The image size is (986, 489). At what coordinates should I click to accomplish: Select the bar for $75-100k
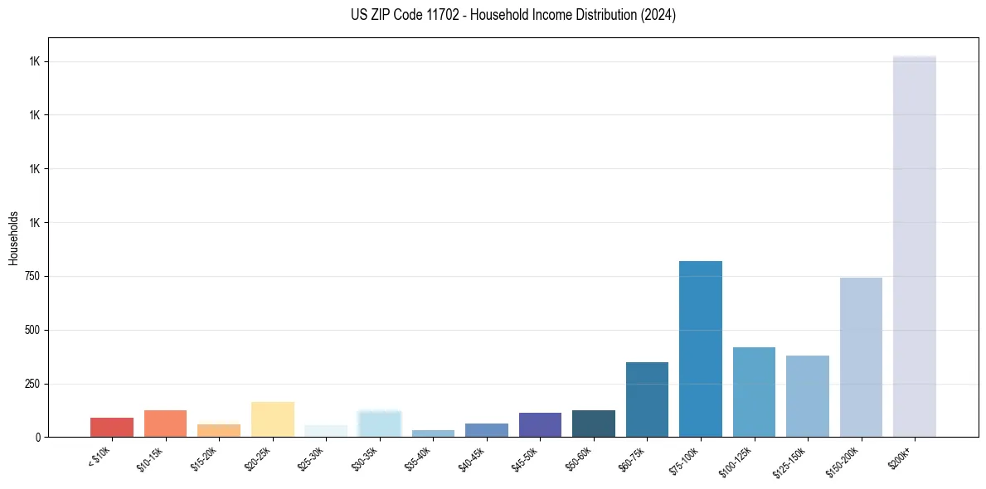pyautogui.click(x=700, y=349)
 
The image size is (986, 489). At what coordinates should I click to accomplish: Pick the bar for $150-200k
pyautogui.click(x=861, y=357)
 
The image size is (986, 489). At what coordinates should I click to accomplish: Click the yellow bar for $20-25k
pyautogui.click(x=273, y=419)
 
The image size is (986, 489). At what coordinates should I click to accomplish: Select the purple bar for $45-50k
pyautogui.click(x=540, y=424)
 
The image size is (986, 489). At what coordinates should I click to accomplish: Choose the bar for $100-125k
pyautogui.click(x=754, y=392)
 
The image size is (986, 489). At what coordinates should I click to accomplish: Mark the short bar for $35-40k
pyautogui.click(x=433, y=433)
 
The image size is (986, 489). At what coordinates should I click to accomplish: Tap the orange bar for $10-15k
pyautogui.click(x=165, y=424)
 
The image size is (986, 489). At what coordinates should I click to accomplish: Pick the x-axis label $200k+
pyautogui.click(x=901, y=456)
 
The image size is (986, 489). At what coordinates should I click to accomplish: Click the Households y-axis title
pyautogui.click(x=13, y=238)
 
